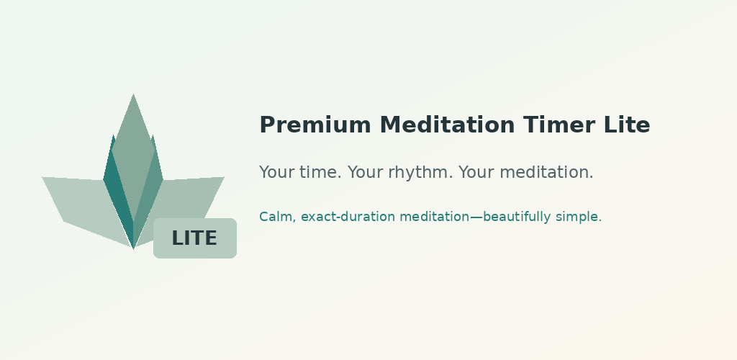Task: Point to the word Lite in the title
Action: point(620,125)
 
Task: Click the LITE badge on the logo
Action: point(195,238)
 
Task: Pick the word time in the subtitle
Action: point(320,172)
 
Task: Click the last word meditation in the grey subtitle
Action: point(547,172)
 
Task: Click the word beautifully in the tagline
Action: point(517,217)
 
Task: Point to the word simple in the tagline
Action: point(579,217)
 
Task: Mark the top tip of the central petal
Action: point(133,94)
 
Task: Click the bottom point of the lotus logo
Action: point(133,248)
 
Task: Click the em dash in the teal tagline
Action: point(476,217)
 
